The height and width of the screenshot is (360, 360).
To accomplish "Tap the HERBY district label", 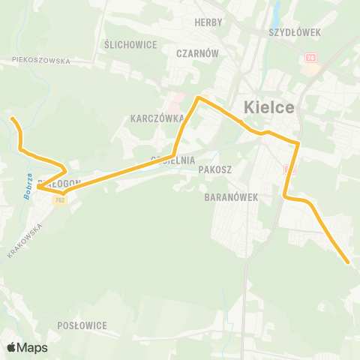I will point(208,23).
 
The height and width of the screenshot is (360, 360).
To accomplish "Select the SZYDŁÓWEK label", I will point(295,33).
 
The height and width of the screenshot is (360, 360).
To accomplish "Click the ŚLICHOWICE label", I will point(131,45).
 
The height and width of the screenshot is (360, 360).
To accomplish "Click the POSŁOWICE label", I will point(82,325).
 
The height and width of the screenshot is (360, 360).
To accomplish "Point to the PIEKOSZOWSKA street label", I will point(40,61).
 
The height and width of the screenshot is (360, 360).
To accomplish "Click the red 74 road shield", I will point(310,58).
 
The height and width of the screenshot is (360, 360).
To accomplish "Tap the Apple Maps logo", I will point(27,347).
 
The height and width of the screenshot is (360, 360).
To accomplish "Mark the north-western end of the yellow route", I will point(10,118).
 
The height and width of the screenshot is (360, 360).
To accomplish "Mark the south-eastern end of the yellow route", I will point(349,262).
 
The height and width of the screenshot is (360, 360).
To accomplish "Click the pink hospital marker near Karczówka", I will point(174,97).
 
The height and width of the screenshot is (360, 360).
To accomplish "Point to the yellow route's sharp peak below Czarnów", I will point(197,97).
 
